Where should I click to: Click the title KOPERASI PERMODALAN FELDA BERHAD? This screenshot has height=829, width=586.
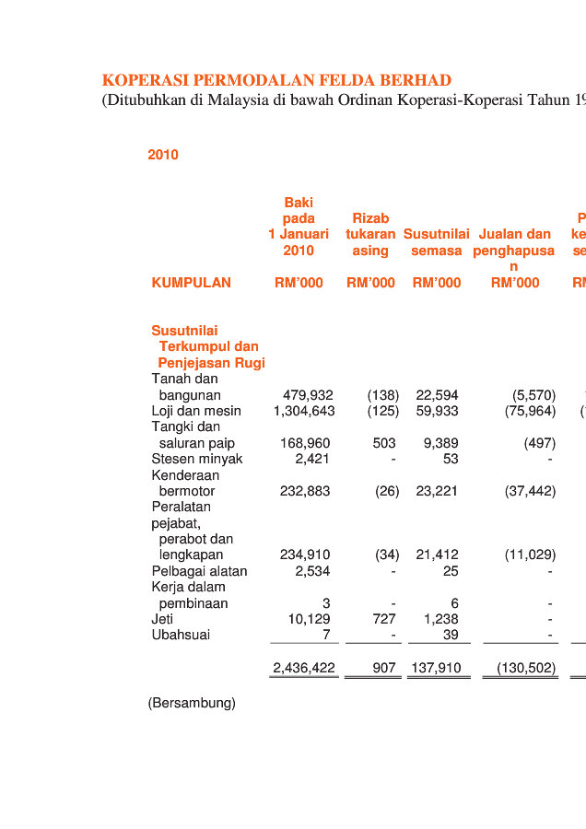[276, 80]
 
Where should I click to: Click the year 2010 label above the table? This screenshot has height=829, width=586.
[163, 155]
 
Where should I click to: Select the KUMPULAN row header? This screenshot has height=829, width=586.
[191, 283]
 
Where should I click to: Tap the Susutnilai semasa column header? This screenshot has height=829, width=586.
[437, 242]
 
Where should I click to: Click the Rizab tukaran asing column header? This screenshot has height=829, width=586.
[370, 234]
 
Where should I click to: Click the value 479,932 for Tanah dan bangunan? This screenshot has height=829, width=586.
[308, 395]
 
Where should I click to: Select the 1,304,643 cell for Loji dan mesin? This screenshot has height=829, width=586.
[304, 411]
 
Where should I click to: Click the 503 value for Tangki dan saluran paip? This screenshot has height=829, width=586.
[384, 443]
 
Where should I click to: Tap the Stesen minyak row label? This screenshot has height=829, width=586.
[197, 459]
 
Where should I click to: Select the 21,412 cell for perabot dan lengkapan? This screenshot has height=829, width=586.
[437, 555]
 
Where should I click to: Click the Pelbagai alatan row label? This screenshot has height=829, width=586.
[199, 571]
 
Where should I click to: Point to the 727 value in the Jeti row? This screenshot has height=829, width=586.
[384, 619]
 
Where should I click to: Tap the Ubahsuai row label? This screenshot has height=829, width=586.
[181, 635]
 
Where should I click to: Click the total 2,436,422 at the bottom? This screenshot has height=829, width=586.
[304, 668]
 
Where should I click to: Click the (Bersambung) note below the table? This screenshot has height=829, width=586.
[192, 703]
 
